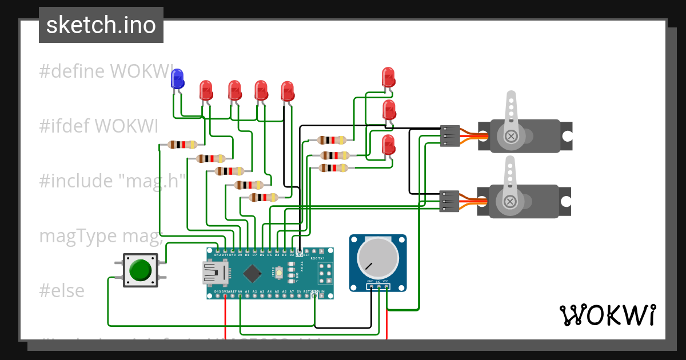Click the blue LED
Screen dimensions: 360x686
(x=177, y=79)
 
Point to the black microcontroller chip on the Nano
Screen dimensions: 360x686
(x=252, y=273)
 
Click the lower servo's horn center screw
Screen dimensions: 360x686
(x=510, y=201)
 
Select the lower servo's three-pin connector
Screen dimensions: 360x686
(x=449, y=201)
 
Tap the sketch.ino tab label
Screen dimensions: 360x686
(x=101, y=25)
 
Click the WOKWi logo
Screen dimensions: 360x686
(x=607, y=315)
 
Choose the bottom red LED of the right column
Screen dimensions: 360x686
(x=388, y=145)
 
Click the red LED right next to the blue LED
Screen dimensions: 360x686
(x=206, y=90)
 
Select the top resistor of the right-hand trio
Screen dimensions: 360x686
(x=332, y=140)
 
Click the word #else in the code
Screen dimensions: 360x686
(x=62, y=291)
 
